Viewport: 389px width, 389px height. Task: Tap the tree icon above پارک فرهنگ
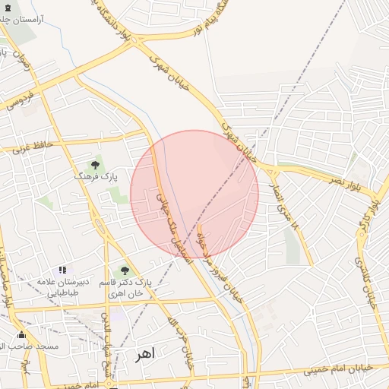pos(95,164)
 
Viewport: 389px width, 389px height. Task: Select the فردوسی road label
pos(21,103)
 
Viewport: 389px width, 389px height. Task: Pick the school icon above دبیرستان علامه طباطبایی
pos(63,270)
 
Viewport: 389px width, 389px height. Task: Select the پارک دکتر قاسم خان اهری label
pos(126,287)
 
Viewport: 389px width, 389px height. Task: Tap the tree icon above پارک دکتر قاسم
pos(125,271)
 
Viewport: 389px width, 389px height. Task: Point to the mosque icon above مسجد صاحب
pos(21,335)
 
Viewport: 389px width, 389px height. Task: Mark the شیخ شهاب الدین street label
pos(108,353)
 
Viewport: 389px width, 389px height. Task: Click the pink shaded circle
pos(194,194)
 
